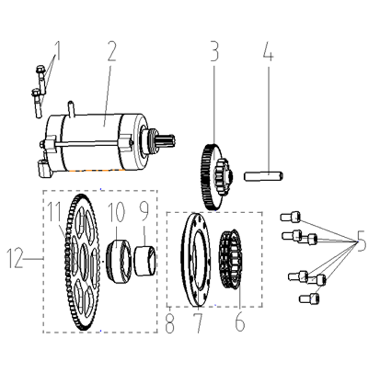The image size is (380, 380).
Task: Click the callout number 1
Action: point(57,50)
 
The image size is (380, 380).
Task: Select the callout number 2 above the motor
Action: point(112,51)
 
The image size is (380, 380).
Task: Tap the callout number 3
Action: point(214,51)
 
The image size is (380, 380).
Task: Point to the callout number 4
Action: point(268,51)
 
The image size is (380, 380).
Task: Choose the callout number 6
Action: point(240,322)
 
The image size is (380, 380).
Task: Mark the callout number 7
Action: point(198,323)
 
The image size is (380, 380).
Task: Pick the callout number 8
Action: point(170,323)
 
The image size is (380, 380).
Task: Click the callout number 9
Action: point(144,211)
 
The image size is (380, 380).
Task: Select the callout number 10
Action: point(116,212)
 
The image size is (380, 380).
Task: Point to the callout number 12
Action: point(15,258)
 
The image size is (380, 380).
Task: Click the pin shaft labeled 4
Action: point(264,176)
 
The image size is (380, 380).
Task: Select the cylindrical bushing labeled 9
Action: point(145,261)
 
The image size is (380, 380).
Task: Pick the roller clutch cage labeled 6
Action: point(230,258)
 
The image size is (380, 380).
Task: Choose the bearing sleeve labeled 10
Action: point(119,261)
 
